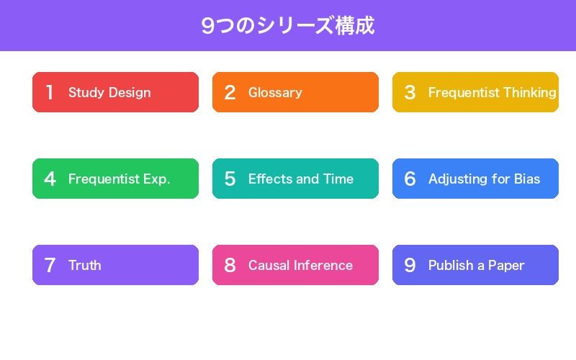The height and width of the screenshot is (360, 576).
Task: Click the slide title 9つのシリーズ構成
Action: click(288, 26)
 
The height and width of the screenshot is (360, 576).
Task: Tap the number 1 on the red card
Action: click(50, 92)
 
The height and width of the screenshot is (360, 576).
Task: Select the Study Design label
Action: click(109, 92)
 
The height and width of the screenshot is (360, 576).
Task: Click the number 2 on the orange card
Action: click(230, 92)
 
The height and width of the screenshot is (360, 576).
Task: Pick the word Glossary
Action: click(275, 92)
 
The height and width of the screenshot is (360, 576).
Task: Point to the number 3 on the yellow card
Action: click(410, 92)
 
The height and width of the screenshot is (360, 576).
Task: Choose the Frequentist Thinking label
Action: click(492, 92)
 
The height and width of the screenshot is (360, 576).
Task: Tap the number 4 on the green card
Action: click(50, 179)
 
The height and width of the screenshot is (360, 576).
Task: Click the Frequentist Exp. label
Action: click(119, 179)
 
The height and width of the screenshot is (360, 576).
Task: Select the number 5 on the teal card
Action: click(230, 179)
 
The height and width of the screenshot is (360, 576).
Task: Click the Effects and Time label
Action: click(301, 179)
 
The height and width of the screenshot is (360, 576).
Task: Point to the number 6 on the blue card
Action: click(410, 179)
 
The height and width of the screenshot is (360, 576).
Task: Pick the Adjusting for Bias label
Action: click(484, 179)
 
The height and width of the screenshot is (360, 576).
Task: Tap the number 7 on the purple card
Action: click(50, 265)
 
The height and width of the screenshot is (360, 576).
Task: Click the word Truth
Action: click(85, 265)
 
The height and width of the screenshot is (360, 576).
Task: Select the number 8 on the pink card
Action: click(230, 265)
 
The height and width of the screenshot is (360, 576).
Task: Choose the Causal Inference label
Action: click(300, 265)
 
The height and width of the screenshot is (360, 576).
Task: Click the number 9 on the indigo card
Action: click(410, 265)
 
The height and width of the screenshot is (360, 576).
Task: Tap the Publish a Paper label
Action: click(476, 265)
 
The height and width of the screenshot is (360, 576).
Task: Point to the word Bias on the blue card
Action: click(527, 179)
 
